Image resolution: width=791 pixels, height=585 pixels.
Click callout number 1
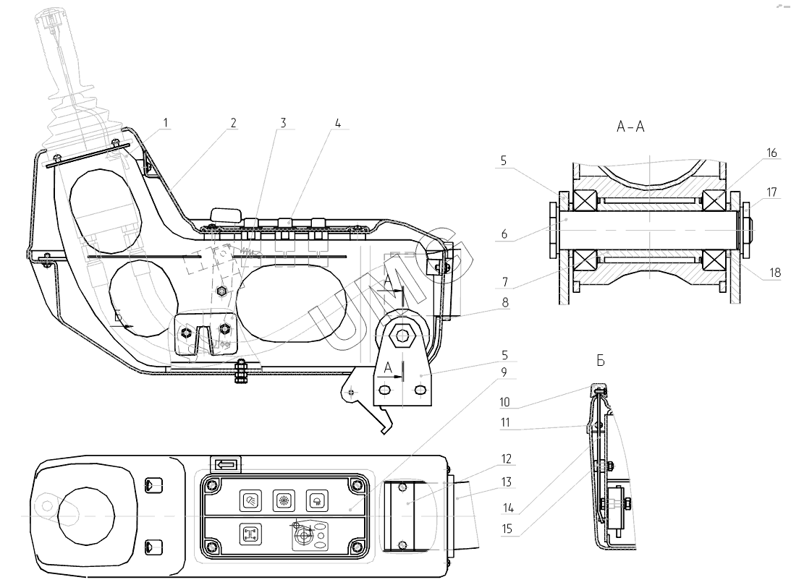tap(166, 123)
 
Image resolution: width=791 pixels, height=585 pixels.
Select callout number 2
tap(233, 123)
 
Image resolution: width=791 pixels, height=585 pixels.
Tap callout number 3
tap(283, 123)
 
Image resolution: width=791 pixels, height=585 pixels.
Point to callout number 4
tap(337, 123)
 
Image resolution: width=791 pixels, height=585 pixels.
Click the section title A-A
tap(630, 127)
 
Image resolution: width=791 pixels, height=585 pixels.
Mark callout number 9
tap(505, 372)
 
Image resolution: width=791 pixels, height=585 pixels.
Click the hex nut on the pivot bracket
tap(399, 334)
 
